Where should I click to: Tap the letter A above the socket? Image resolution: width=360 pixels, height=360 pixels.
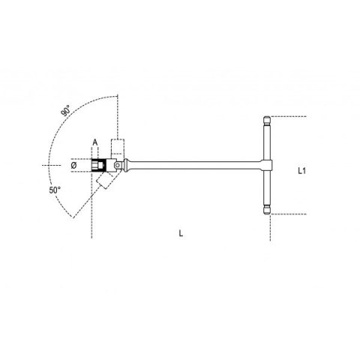(94, 142)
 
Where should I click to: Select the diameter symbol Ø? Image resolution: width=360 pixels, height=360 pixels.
(73, 165)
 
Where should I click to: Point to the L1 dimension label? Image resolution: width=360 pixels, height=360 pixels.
(301, 171)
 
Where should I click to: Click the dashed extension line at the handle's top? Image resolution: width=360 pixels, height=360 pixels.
(289, 116)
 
